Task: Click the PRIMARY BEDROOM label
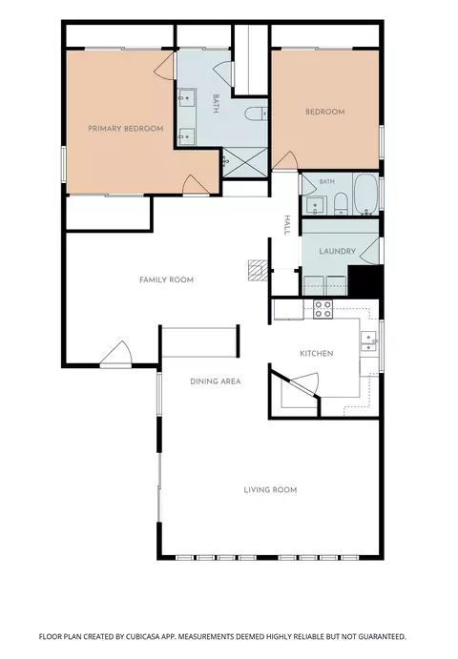tap(126, 129)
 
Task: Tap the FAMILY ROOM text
tap(167, 279)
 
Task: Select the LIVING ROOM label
tap(270, 489)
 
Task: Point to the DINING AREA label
tap(216, 381)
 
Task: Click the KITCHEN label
tap(317, 354)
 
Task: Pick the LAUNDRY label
tap(337, 252)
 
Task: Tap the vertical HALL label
tap(287, 225)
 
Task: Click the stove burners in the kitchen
tap(323, 309)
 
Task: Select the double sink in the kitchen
tap(369, 340)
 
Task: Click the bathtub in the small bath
tap(365, 195)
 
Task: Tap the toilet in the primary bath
tap(256, 113)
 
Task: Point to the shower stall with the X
tap(245, 162)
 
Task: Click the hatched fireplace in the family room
tap(258, 270)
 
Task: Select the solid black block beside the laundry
tap(365, 280)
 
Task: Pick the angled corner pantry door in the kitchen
tap(305, 383)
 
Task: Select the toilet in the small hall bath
tap(340, 203)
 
